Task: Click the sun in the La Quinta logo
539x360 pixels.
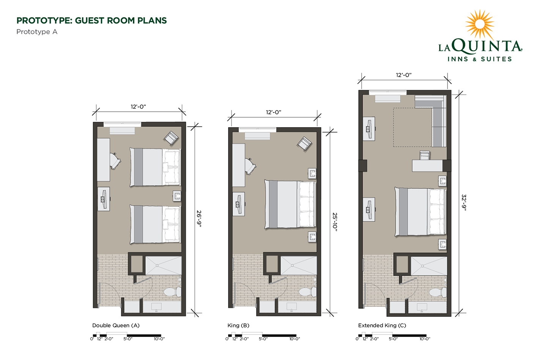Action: tap(479, 24)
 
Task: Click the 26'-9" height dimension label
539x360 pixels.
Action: tap(199, 219)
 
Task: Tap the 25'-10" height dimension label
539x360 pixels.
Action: tap(335, 222)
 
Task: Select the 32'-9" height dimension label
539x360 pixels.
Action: tap(464, 202)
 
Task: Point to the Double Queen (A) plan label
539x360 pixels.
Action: tap(116, 325)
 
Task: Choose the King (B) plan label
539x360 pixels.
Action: tap(238, 325)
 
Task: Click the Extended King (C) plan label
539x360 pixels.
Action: tap(382, 325)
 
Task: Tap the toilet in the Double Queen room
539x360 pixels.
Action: tap(173, 292)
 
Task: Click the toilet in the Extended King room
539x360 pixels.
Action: tap(438, 292)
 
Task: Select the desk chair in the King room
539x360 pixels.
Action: tap(251, 166)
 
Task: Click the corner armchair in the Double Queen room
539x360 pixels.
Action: tap(171, 138)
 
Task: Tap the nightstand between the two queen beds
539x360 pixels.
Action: tap(177, 196)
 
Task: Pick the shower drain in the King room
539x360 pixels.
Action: tap(292, 265)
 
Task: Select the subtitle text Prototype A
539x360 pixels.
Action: tap(37, 32)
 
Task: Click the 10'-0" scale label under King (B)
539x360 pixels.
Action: tap(295, 339)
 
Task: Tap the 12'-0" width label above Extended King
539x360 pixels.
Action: tap(404, 75)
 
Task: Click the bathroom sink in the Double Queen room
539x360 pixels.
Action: tap(156, 307)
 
